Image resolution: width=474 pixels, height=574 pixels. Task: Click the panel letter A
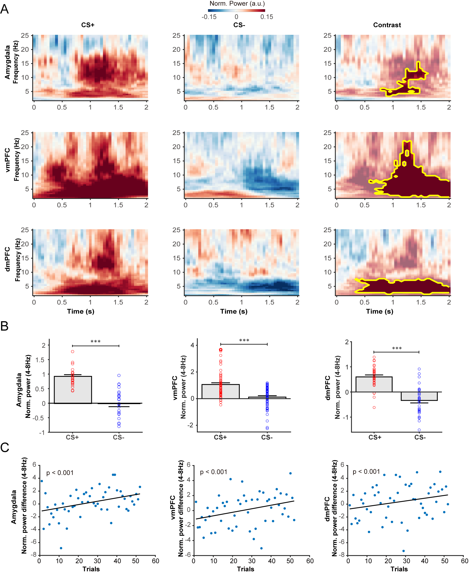pyautogui.click(x=4, y=9)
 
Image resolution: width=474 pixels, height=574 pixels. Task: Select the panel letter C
pyautogui.click(x=5, y=447)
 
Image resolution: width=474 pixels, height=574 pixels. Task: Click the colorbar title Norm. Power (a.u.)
pyautogui.click(x=237, y=4)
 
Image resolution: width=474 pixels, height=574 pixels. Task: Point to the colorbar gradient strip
pyautogui.click(x=236, y=11)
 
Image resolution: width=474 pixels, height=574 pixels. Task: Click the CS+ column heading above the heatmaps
pyautogui.click(x=88, y=25)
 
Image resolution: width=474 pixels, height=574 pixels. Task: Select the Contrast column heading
pyautogui.click(x=387, y=25)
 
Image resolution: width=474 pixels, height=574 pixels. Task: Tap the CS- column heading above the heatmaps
pyautogui.click(x=239, y=25)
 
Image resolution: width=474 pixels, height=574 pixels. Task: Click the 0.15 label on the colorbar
pyautogui.click(x=266, y=17)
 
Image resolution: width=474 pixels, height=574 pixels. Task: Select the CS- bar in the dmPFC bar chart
pyautogui.click(x=419, y=396)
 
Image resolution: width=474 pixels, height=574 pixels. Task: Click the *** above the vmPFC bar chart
pyautogui.click(x=244, y=341)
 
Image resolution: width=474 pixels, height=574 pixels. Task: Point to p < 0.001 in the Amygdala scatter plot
pyautogui.click(x=60, y=473)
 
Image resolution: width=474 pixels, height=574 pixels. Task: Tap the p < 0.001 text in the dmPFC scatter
pyautogui.click(x=366, y=472)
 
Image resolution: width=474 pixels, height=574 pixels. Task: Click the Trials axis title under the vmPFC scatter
pyautogui.click(x=245, y=569)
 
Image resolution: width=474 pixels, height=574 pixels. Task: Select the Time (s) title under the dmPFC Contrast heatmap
pyautogui.click(x=380, y=311)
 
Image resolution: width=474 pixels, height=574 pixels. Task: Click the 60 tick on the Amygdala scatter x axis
pyautogui.click(x=155, y=561)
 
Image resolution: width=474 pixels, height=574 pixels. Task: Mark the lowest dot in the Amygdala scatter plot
pyautogui.click(x=61, y=548)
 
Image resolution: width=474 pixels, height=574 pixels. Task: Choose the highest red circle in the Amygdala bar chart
pyautogui.click(x=73, y=351)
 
